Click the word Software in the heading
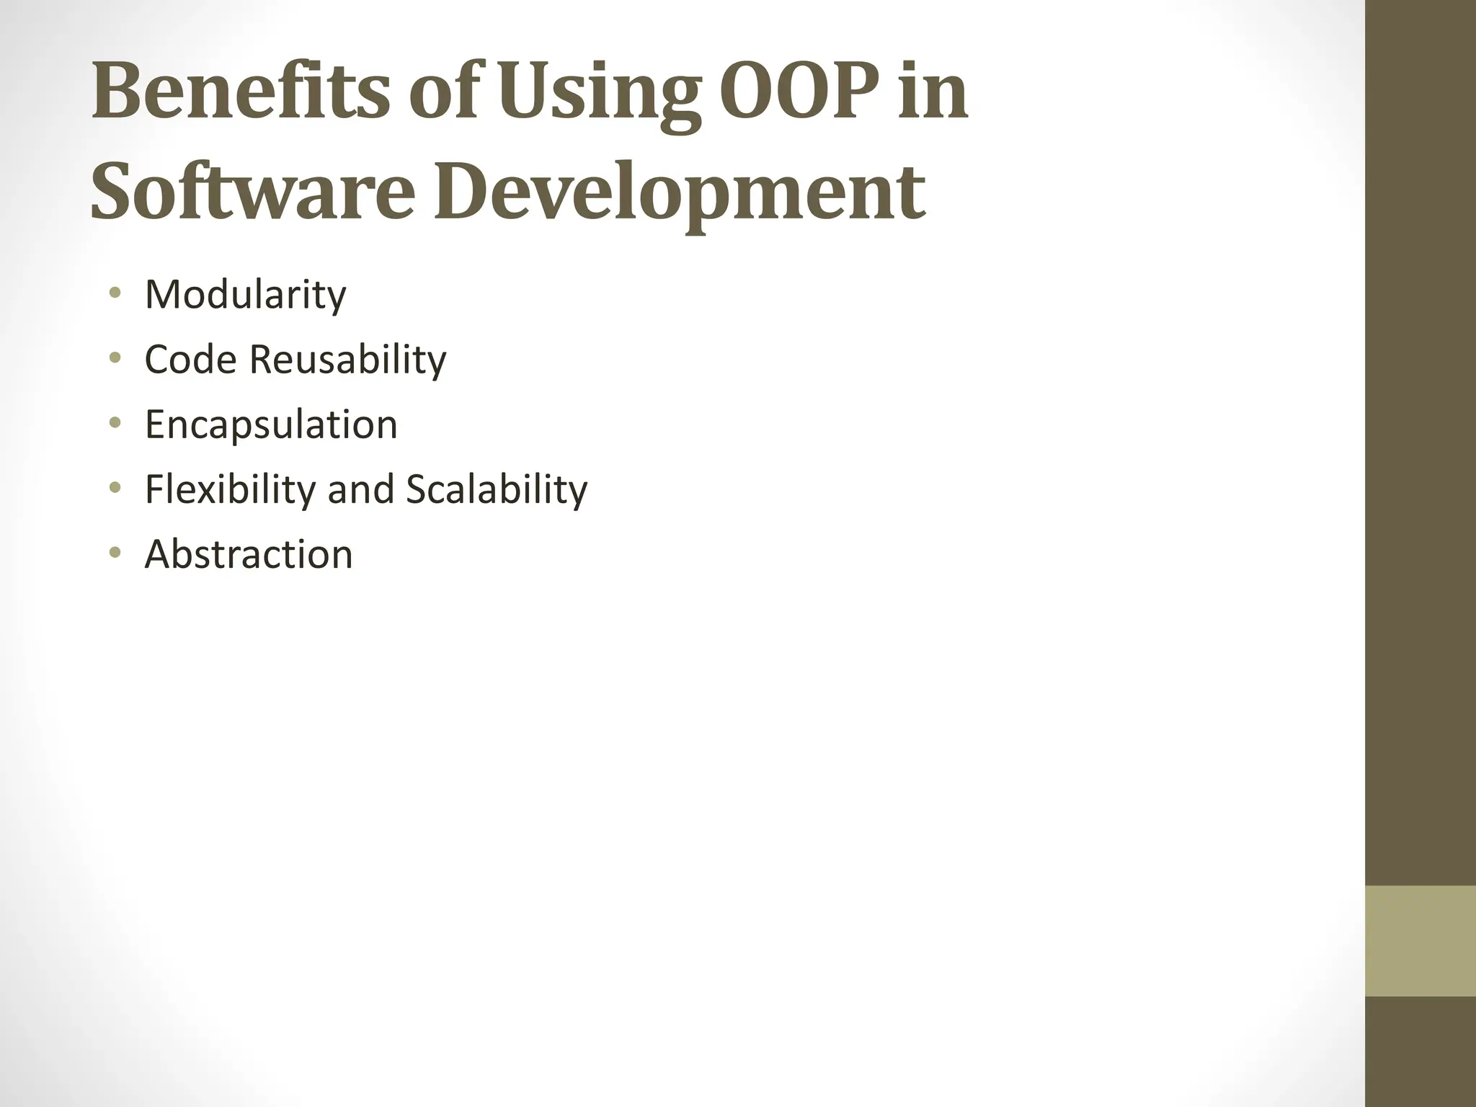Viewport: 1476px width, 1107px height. coord(253,192)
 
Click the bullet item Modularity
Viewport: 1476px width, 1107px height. coord(245,295)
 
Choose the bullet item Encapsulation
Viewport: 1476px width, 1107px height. coord(271,424)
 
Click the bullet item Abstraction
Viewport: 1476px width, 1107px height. coord(249,554)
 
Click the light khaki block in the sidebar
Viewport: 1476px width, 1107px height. coord(1421,941)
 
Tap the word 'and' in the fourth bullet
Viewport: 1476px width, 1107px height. coord(362,489)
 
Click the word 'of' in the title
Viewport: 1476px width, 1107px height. coord(440,92)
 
